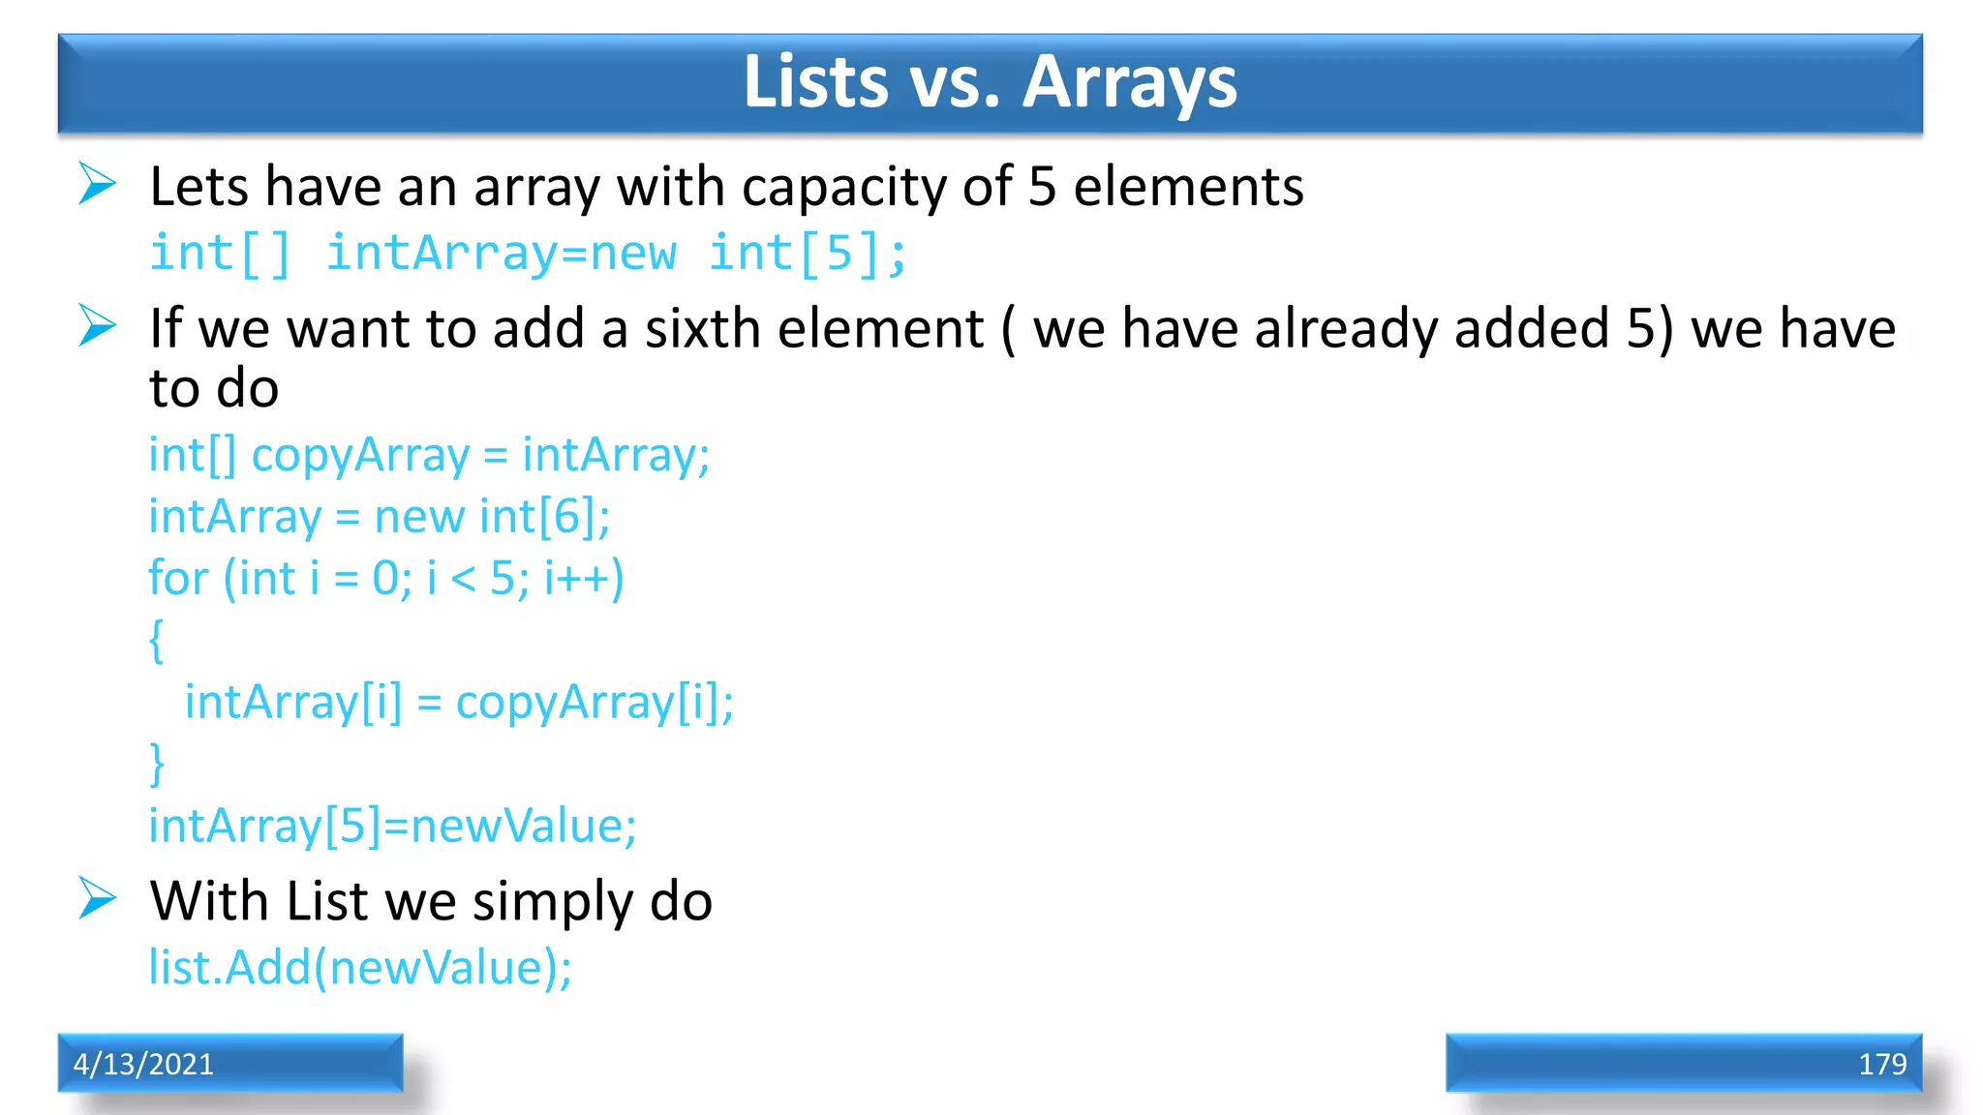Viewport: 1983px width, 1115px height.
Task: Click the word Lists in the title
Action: pyautogui.click(x=815, y=82)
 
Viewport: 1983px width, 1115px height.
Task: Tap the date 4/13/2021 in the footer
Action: pyautogui.click(x=143, y=1064)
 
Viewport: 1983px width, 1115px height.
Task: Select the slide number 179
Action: pyautogui.click(x=1881, y=1064)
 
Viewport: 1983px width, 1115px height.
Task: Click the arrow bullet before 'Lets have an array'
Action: pyautogui.click(x=97, y=184)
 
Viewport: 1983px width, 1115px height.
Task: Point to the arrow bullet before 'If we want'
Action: pyautogui.click(x=97, y=325)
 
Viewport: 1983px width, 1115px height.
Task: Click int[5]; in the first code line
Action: pyautogui.click(x=808, y=254)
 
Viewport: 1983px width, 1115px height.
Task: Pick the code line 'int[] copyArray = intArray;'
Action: pyautogui.click(x=429, y=455)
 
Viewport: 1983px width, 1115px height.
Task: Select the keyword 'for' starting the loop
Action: pyautogui.click(x=178, y=578)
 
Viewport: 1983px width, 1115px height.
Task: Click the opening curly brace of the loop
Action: pyautogui.click(x=156, y=641)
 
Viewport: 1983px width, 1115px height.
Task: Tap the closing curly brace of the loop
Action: pyautogui.click(x=156, y=765)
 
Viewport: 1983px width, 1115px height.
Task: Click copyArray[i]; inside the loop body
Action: pyautogui.click(x=595, y=703)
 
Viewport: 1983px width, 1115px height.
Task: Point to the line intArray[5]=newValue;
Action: pyautogui.click(x=392, y=826)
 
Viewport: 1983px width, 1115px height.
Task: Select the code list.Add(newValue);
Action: pyautogui.click(x=360, y=967)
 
